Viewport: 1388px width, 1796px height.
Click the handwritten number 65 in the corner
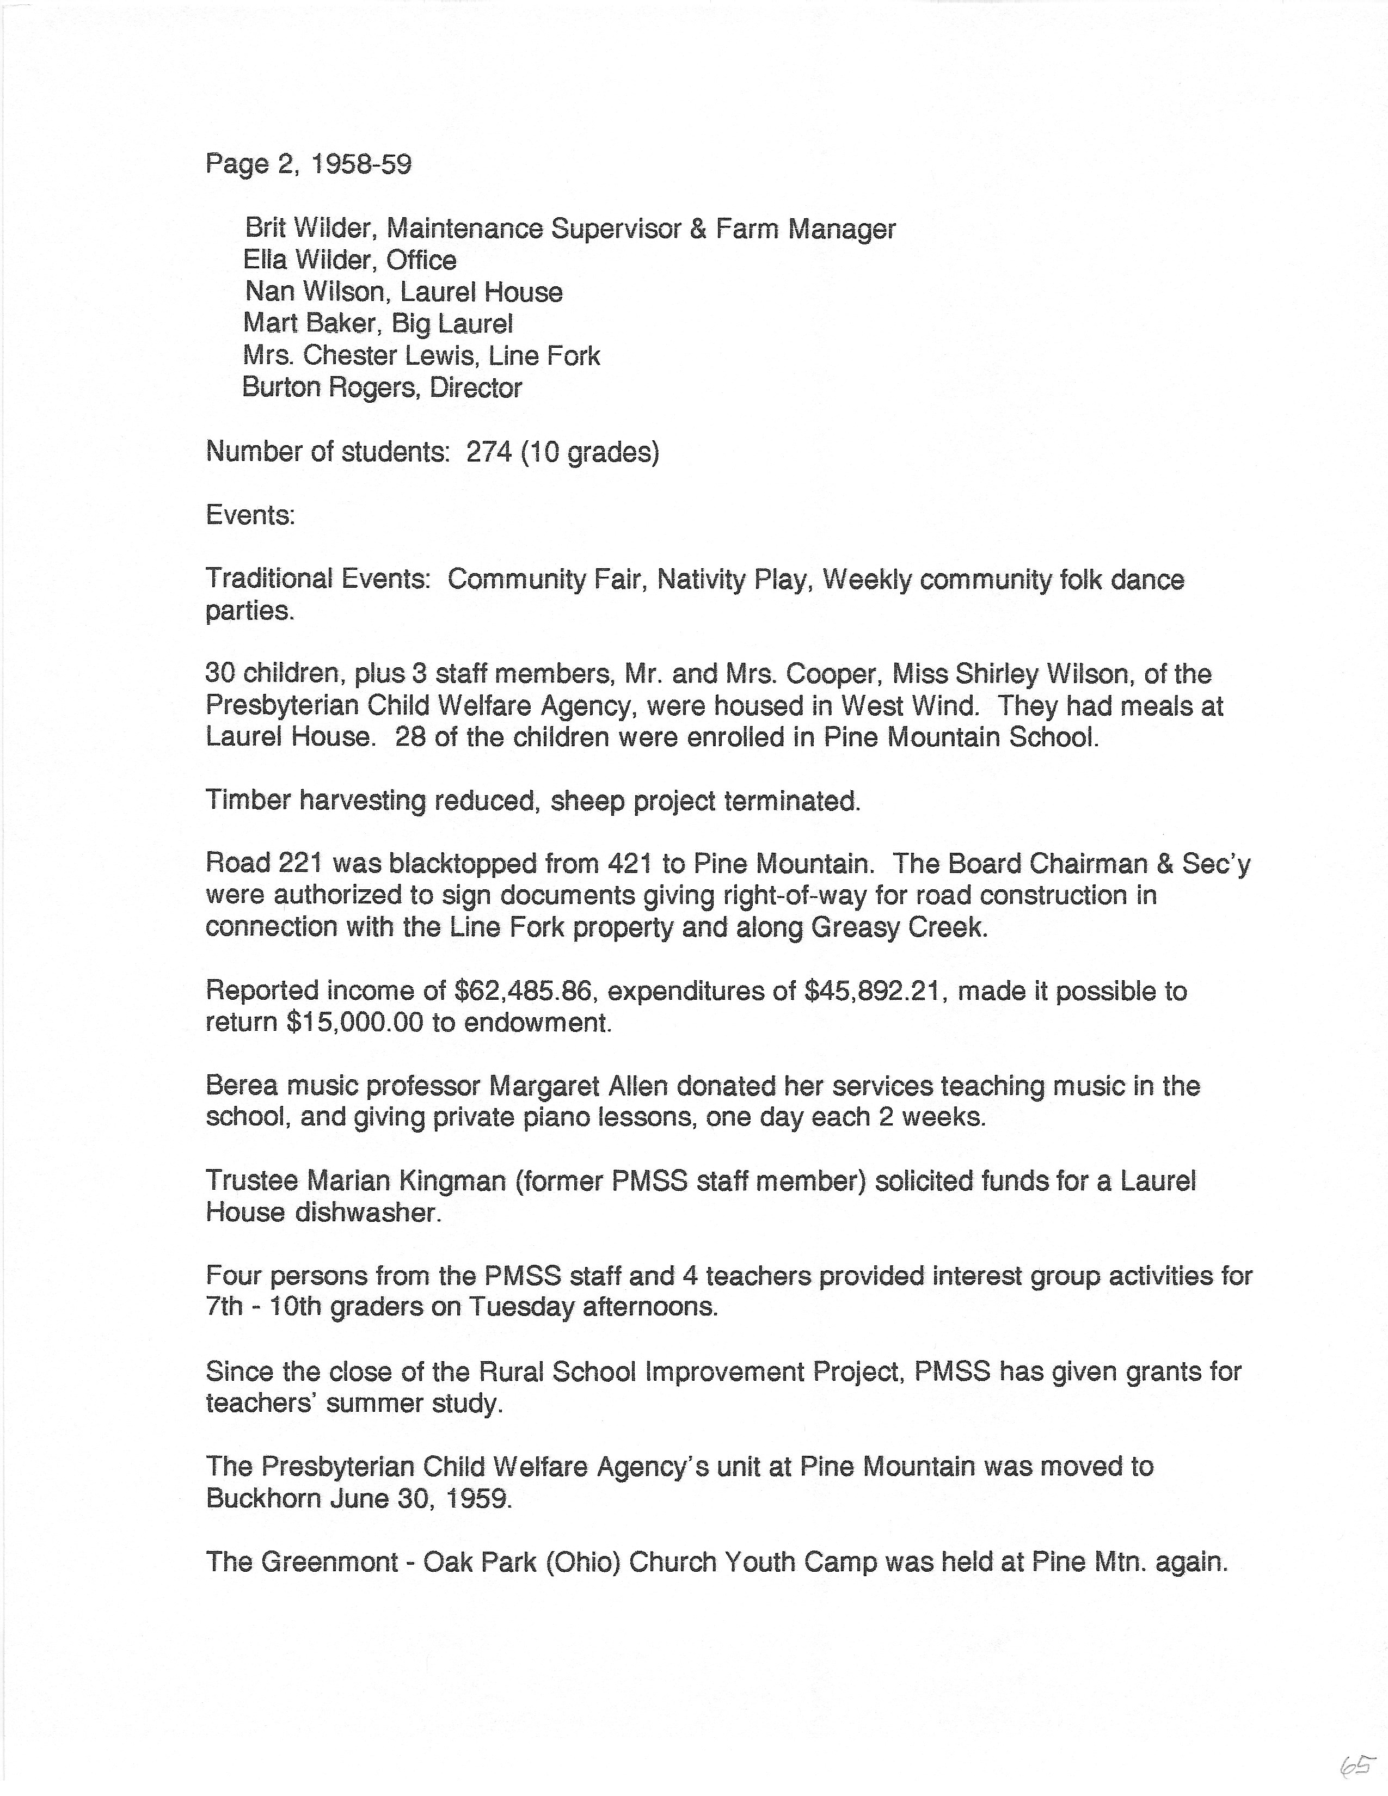[1358, 1763]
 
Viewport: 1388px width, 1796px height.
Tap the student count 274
[489, 452]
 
